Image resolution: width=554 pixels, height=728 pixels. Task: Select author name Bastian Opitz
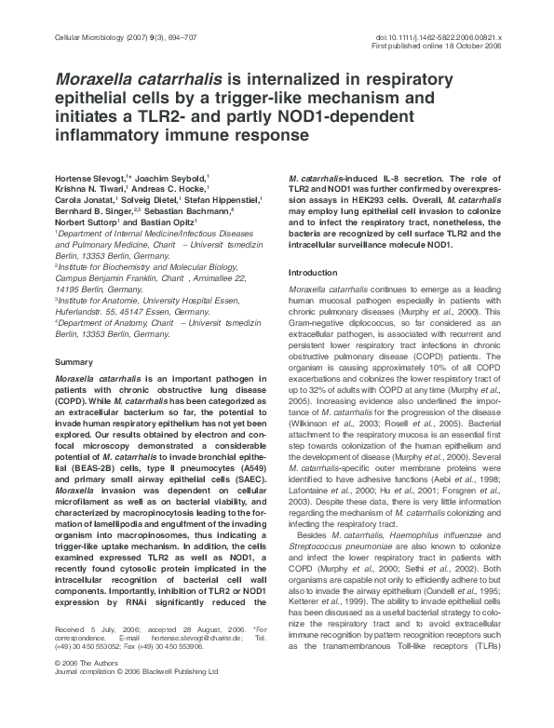[164, 249]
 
